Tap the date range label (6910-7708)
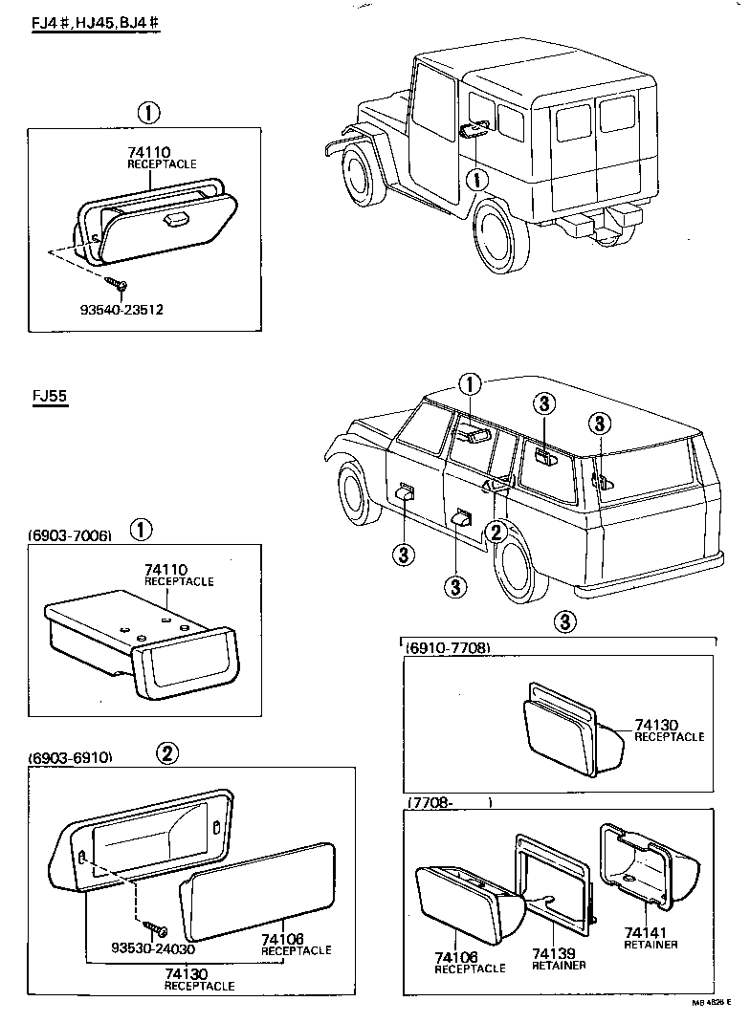click(449, 648)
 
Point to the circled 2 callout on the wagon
click(495, 533)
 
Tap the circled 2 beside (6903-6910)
click(166, 753)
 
